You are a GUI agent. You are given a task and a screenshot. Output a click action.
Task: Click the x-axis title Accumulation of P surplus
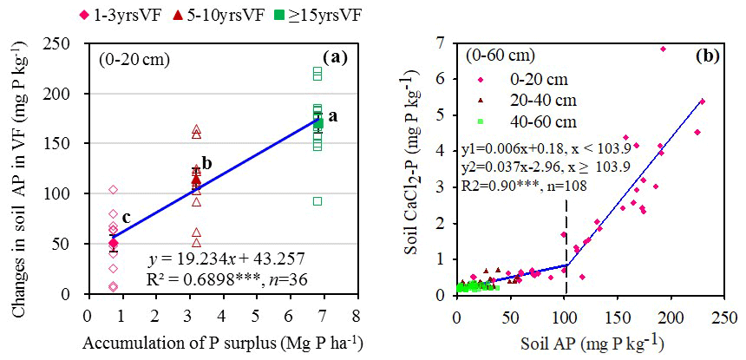point(223,342)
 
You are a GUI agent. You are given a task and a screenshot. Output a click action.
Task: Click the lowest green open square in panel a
point(317,201)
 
